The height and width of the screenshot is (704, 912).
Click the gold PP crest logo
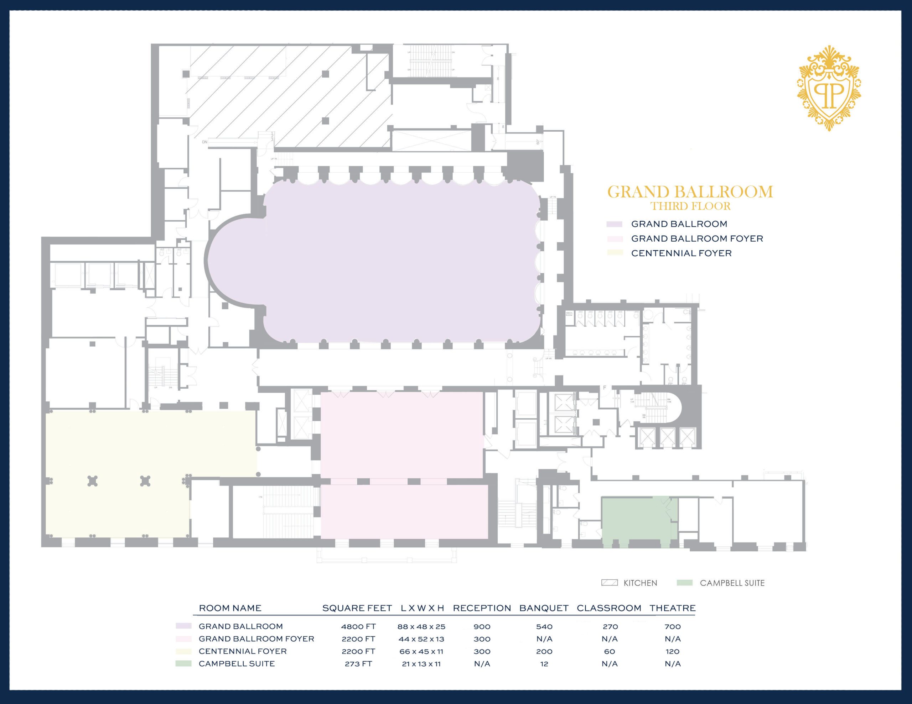pyautogui.click(x=829, y=89)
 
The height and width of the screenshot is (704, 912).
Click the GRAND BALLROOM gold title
pyautogui.click(x=690, y=192)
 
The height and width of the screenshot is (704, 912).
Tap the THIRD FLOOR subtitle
pyautogui.click(x=690, y=206)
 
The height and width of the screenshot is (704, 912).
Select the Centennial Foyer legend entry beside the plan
pyautogui.click(x=681, y=253)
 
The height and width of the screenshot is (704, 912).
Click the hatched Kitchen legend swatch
pyautogui.click(x=609, y=583)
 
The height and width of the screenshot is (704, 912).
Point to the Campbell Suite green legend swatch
pyautogui.click(x=684, y=583)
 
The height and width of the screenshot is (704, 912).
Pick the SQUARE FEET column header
pyautogui.click(x=357, y=608)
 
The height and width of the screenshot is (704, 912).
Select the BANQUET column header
pyautogui.click(x=544, y=608)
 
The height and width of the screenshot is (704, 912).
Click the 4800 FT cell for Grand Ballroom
pyautogui.click(x=358, y=626)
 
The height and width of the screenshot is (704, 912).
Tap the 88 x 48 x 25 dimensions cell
pyautogui.click(x=421, y=626)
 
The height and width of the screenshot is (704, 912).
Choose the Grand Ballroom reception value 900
pyautogui.click(x=482, y=626)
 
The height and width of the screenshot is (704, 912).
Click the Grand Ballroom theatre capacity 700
pyautogui.click(x=672, y=626)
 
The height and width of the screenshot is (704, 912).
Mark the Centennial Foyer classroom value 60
pyautogui.click(x=609, y=651)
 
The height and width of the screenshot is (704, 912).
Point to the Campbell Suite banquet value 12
pyautogui.click(x=544, y=664)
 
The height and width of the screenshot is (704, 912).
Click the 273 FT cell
pyautogui.click(x=358, y=664)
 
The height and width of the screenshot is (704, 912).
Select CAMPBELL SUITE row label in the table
pyautogui.click(x=237, y=664)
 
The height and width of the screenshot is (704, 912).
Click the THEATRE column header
pyautogui.click(x=672, y=608)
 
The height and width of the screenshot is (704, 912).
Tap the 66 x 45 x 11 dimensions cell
pyautogui.click(x=421, y=651)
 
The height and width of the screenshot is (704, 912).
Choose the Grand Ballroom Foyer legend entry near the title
pyautogui.click(x=697, y=239)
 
